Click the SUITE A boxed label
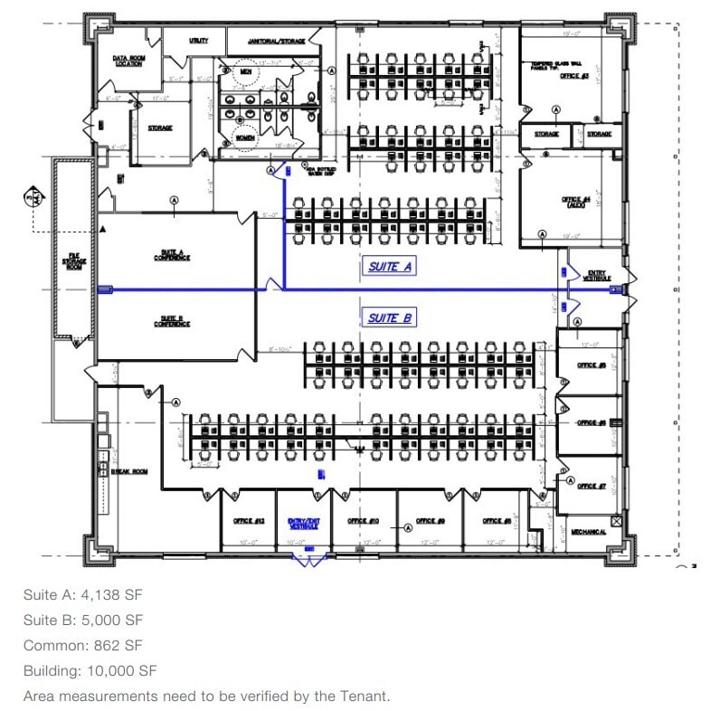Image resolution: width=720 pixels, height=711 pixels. [x=390, y=267]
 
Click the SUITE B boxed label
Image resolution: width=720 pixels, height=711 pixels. [x=390, y=318]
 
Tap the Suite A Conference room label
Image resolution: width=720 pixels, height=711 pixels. [x=172, y=255]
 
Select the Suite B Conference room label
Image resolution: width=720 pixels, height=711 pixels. [x=172, y=321]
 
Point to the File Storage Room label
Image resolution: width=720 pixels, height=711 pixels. [x=74, y=262]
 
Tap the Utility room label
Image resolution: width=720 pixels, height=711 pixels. [x=198, y=41]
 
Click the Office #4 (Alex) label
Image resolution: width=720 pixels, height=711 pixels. [x=574, y=201]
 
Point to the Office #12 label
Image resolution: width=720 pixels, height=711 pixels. [x=247, y=521]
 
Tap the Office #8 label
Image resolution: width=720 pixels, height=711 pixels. [x=497, y=521]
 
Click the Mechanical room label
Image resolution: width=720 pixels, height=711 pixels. [x=589, y=532]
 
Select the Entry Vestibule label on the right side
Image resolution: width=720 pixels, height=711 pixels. [x=599, y=274]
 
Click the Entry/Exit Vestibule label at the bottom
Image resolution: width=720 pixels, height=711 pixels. [x=304, y=523]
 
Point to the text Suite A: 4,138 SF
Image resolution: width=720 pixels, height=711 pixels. [x=83, y=594]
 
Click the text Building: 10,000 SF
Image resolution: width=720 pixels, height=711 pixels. [x=90, y=670]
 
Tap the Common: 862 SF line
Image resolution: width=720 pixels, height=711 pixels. [x=83, y=645]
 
